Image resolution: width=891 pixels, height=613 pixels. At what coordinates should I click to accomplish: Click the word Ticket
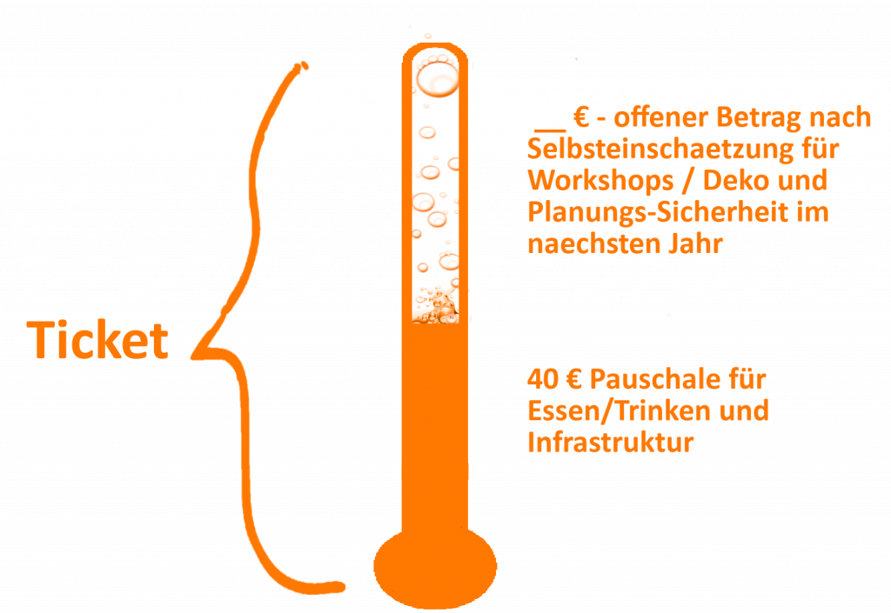pos(97,340)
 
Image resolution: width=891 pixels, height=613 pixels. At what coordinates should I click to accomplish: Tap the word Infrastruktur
pos(610,443)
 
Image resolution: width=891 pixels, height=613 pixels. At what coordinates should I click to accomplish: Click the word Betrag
pos(765,117)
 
